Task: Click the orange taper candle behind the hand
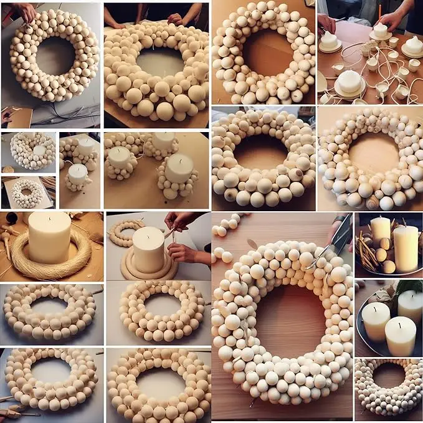coord(379,12)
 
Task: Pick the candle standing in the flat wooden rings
coord(149,249)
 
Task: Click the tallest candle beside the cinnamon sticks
coord(406,248)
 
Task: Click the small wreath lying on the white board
coord(27,193)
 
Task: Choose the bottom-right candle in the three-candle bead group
coord(179,169)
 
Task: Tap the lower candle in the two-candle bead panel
coord(78,174)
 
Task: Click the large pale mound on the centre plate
coord(349,80)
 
